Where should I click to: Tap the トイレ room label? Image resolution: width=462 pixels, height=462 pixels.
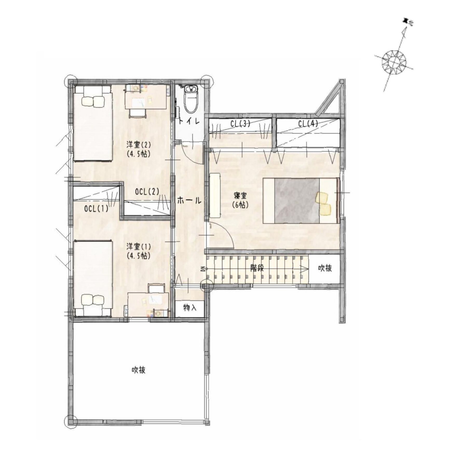189,121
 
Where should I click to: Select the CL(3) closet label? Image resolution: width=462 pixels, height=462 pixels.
240,124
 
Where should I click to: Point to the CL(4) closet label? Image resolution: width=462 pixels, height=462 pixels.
308,124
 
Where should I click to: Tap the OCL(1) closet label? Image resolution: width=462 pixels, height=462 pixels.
96,208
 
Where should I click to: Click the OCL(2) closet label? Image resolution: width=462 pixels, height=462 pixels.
147,192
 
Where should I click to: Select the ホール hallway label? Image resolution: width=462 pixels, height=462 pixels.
189,200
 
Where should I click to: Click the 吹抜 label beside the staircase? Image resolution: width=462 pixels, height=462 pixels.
325,268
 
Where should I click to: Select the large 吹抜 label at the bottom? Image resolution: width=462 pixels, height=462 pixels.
138,370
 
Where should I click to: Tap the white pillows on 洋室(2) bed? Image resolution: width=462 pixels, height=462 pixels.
93,101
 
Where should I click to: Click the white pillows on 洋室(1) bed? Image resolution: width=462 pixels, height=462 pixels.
93,300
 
